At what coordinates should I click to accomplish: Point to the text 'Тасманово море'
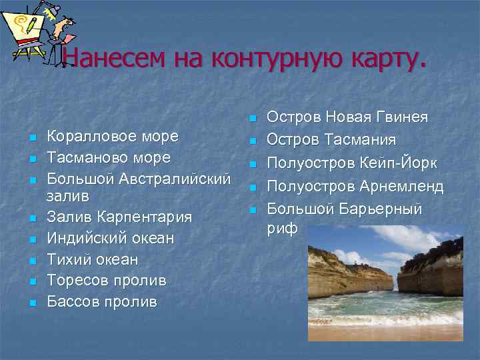coord(108,158)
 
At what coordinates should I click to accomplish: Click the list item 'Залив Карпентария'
coord(119,217)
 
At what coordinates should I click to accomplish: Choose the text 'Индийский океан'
coord(110,238)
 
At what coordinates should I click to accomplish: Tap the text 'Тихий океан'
coord(92,259)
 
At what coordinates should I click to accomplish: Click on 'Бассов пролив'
coord(101,302)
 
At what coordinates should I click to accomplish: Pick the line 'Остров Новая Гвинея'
coord(347,117)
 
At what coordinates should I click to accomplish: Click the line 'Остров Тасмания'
coord(331,141)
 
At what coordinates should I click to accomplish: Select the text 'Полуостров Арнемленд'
coord(355,186)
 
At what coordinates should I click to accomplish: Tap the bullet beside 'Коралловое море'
coord(31,138)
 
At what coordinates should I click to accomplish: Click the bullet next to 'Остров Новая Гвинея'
coord(252,119)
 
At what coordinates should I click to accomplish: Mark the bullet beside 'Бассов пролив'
coord(31,303)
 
